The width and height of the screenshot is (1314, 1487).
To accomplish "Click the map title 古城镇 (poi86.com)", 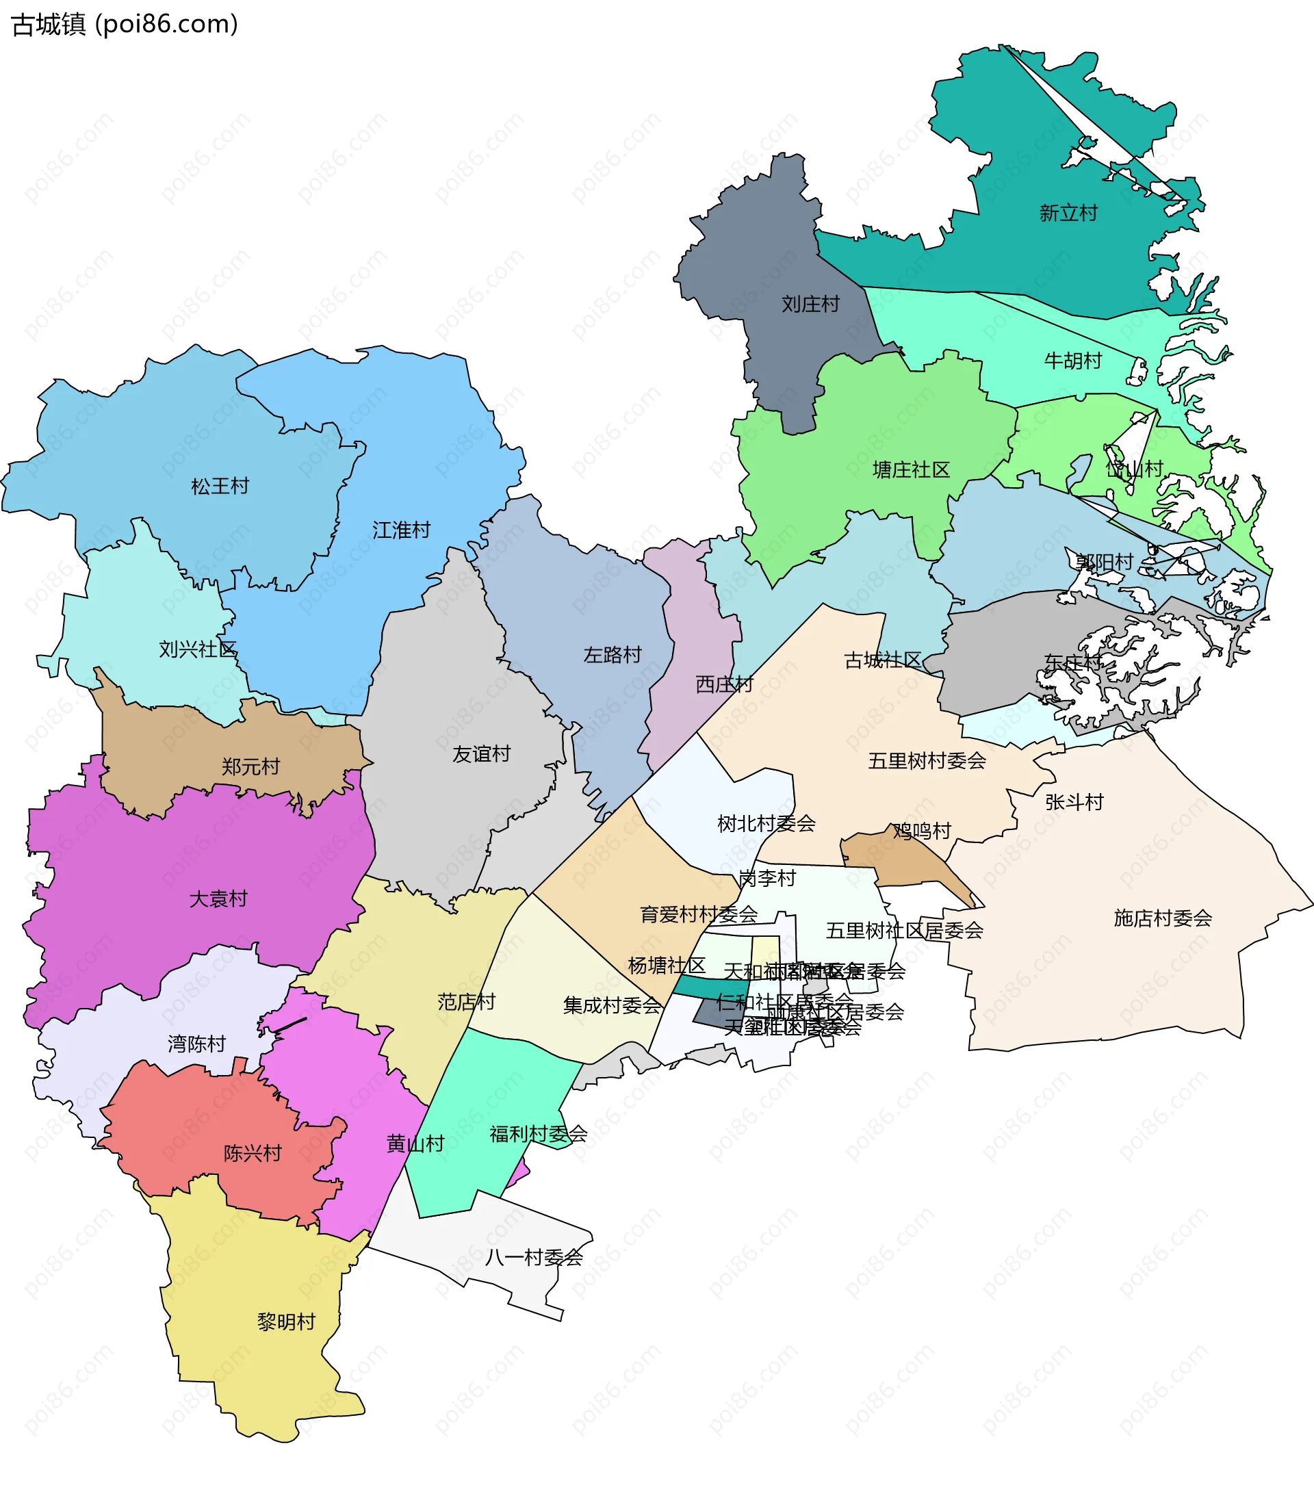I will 125,25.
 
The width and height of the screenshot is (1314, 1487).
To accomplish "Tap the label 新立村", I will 1068,213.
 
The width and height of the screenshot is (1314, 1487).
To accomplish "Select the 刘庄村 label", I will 810,304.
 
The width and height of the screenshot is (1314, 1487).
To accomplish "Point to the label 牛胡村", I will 1072,361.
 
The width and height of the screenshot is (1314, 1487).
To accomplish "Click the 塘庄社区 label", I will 911,470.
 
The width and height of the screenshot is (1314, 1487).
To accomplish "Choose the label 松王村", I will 220,486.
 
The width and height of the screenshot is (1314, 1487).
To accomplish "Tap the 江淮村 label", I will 401,530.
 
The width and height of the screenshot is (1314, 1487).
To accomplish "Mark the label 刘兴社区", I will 198,649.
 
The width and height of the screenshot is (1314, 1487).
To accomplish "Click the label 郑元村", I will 250,767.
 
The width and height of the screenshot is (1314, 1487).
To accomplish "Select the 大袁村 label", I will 218,899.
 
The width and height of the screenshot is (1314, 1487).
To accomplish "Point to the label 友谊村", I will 481,753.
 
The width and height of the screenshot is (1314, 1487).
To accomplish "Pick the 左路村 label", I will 612,655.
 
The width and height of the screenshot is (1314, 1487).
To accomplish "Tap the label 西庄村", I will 724,684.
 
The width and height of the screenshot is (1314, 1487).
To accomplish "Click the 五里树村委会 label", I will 926,761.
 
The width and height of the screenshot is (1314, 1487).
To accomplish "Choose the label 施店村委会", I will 1162,918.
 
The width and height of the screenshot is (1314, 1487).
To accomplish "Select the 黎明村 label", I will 286,1322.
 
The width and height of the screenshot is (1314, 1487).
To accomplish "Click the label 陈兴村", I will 252,1153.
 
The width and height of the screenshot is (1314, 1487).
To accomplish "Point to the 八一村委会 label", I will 533,1257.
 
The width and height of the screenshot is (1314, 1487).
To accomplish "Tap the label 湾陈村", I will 196,1044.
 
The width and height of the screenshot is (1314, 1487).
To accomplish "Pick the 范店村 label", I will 465,1002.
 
